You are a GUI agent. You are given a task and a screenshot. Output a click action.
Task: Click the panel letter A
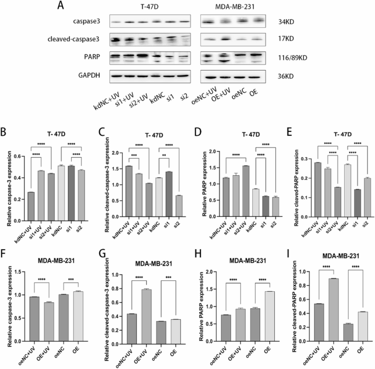point(63,7)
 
